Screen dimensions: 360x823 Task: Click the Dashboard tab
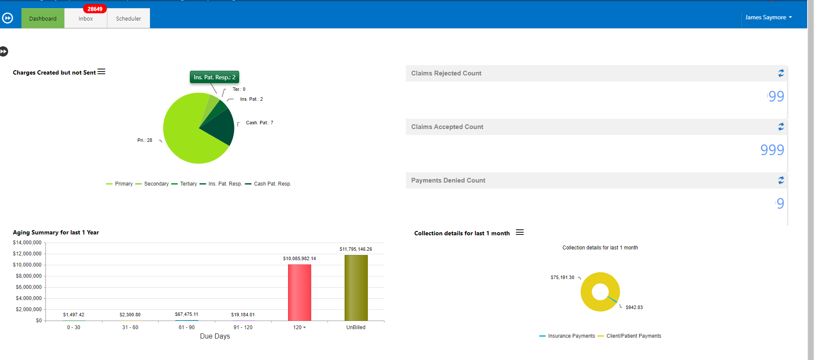pos(43,18)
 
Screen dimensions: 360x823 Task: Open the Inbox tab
pos(86,19)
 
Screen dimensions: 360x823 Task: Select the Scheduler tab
pos(129,19)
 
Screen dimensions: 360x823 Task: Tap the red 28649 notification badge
pos(95,9)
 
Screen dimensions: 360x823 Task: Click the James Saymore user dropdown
pos(768,18)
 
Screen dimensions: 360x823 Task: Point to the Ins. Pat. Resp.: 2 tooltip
pos(214,77)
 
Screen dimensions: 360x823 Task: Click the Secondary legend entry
pos(156,184)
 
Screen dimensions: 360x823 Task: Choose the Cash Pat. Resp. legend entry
pos(272,184)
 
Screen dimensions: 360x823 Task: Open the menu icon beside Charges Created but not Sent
pos(102,72)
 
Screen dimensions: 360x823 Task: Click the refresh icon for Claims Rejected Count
pos(781,73)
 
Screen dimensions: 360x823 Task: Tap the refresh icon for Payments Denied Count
pos(781,180)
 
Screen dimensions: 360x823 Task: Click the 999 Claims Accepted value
pos(772,150)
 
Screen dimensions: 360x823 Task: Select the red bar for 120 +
pos(299,293)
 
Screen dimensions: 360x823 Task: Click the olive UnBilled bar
pos(356,288)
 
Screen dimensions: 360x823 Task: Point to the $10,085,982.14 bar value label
pos(299,258)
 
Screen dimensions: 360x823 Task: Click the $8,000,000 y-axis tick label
pos(29,276)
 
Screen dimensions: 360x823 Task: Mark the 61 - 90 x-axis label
pos(186,327)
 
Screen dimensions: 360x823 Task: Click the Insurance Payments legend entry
pos(571,336)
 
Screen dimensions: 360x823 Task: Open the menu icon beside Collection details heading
pos(520,232)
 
